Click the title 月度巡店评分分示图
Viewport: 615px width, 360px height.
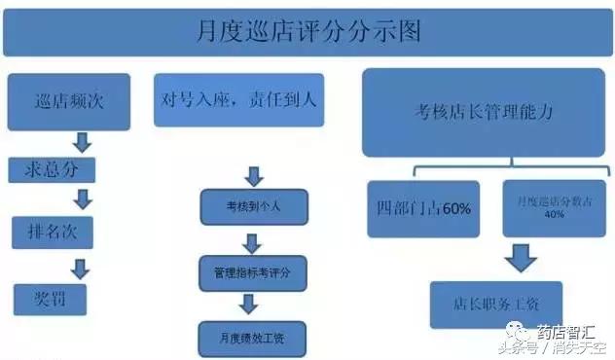[307, 32]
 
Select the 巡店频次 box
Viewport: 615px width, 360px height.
[68, 101]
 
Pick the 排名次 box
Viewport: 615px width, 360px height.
[52, 233]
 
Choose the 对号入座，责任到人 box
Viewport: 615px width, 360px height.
[238, 99]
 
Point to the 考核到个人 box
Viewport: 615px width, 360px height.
[252, 206]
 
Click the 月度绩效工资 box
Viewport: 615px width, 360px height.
[252, 338]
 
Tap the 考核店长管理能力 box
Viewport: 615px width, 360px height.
[483, 112]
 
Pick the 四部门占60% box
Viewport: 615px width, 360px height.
[422, 208]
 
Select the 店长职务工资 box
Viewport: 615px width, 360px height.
[495, 304]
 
